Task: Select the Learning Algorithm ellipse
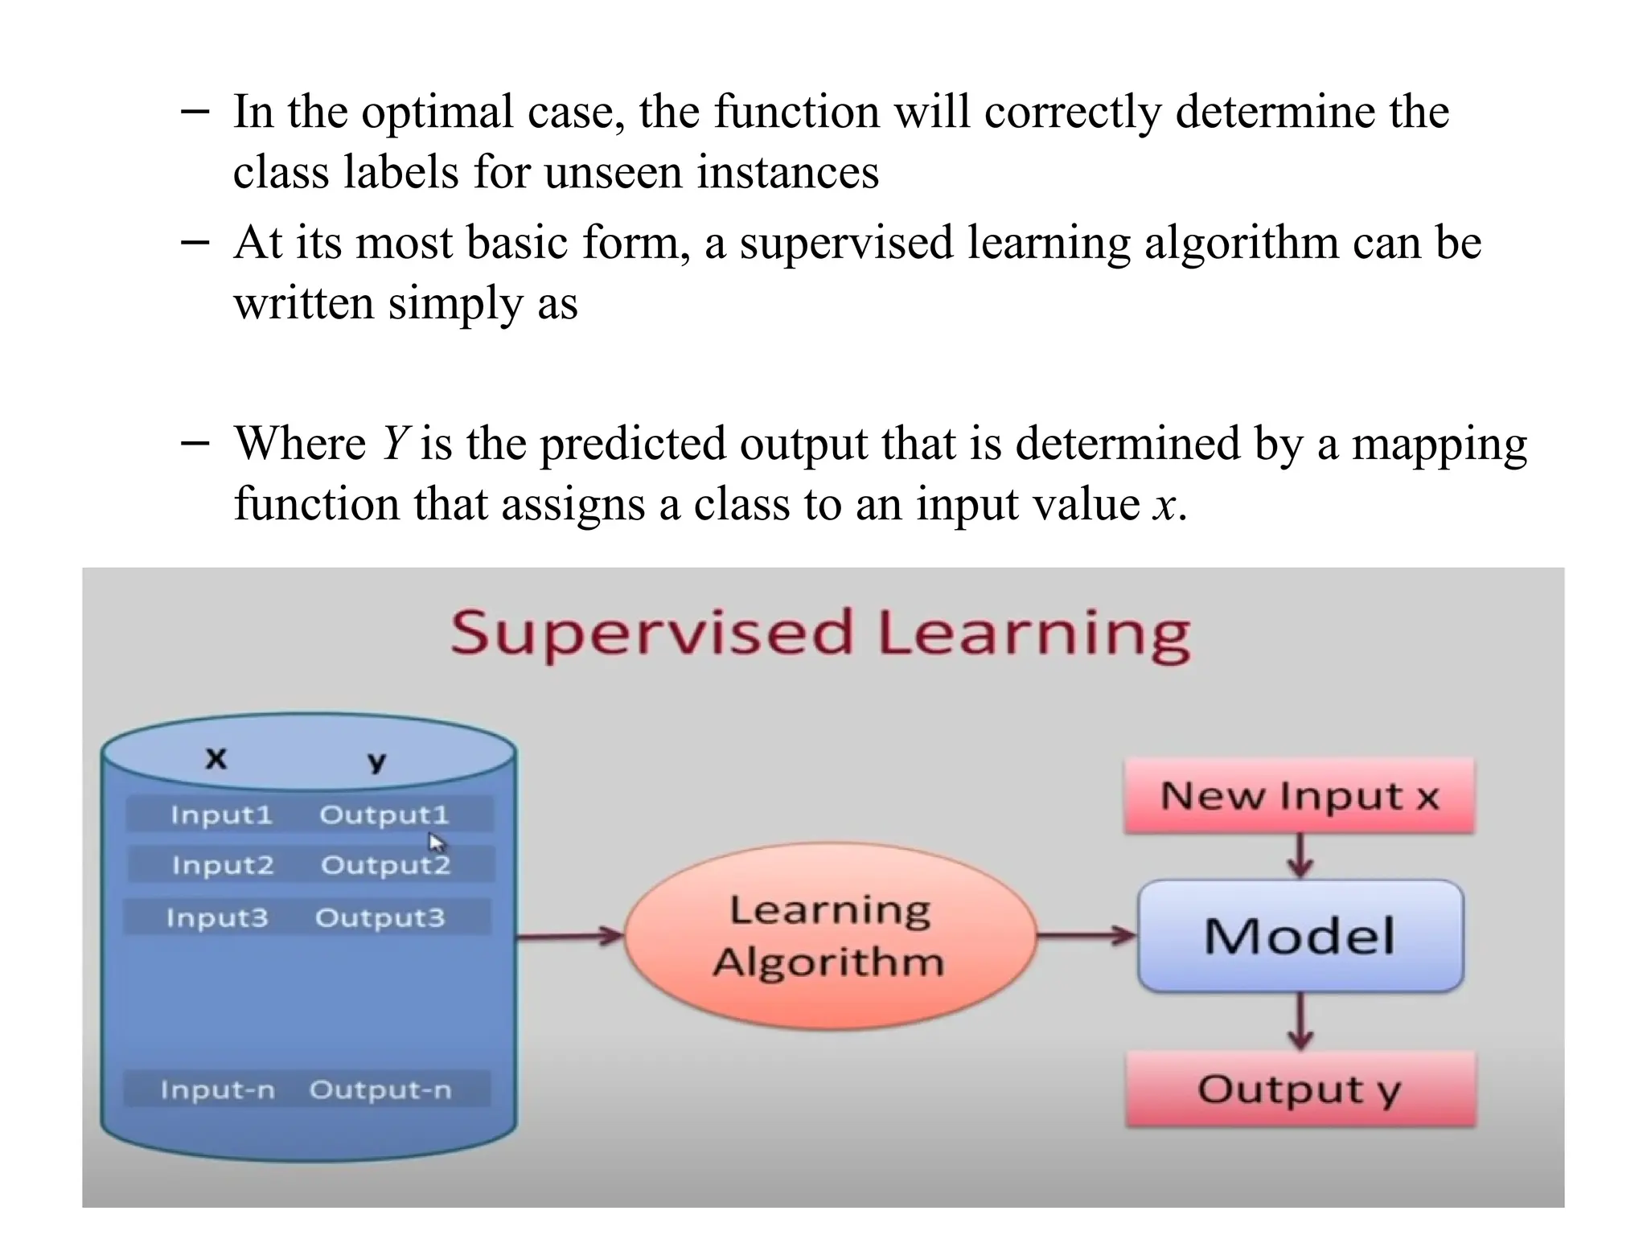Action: [830, 936]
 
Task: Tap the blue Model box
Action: [1300, 936]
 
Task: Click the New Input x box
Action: [1300, 796]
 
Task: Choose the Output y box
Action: [1300, 1089]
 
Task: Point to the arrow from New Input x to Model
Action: [1300, 857]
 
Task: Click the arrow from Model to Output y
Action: [1300, 1021]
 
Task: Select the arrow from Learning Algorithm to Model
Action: [1086, 935]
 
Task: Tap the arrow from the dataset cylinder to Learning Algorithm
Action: [569, 936]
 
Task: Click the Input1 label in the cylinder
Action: [222, 815]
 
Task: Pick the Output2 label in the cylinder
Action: [385, 865]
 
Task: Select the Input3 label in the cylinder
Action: [217, 917]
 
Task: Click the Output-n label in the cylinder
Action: [380, 1090]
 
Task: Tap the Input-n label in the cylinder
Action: [217, 1090]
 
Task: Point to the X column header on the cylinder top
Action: [216, 758]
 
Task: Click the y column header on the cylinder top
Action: [376, 761]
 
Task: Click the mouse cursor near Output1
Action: [436, 843]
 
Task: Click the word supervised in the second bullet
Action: [846, 243]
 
